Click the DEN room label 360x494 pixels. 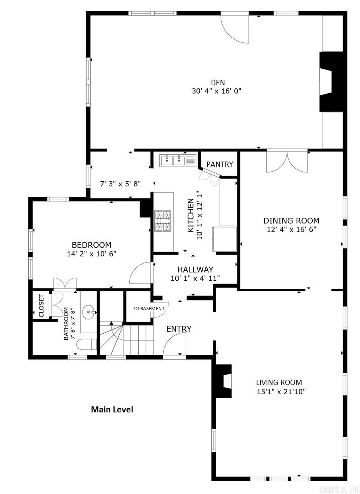click(217, 83)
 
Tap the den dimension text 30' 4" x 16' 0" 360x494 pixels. click(217, 91)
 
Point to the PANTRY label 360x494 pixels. click(220, 164)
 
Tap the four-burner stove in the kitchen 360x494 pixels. click(163, 221)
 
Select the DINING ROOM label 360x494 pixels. click(291, 221)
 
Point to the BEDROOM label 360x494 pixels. click(91, 245)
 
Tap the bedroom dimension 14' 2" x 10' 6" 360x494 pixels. click(92, 254)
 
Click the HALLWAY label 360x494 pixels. click(195, 269)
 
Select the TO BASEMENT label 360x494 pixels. click(149, 309)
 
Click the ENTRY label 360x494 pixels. click(179, 329)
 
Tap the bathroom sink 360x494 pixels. click(89, 312)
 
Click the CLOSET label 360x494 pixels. click(41, 305)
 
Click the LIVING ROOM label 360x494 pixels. click(279, 382)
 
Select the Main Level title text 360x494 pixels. click(112, 410)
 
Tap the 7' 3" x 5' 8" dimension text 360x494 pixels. click(120, 184)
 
